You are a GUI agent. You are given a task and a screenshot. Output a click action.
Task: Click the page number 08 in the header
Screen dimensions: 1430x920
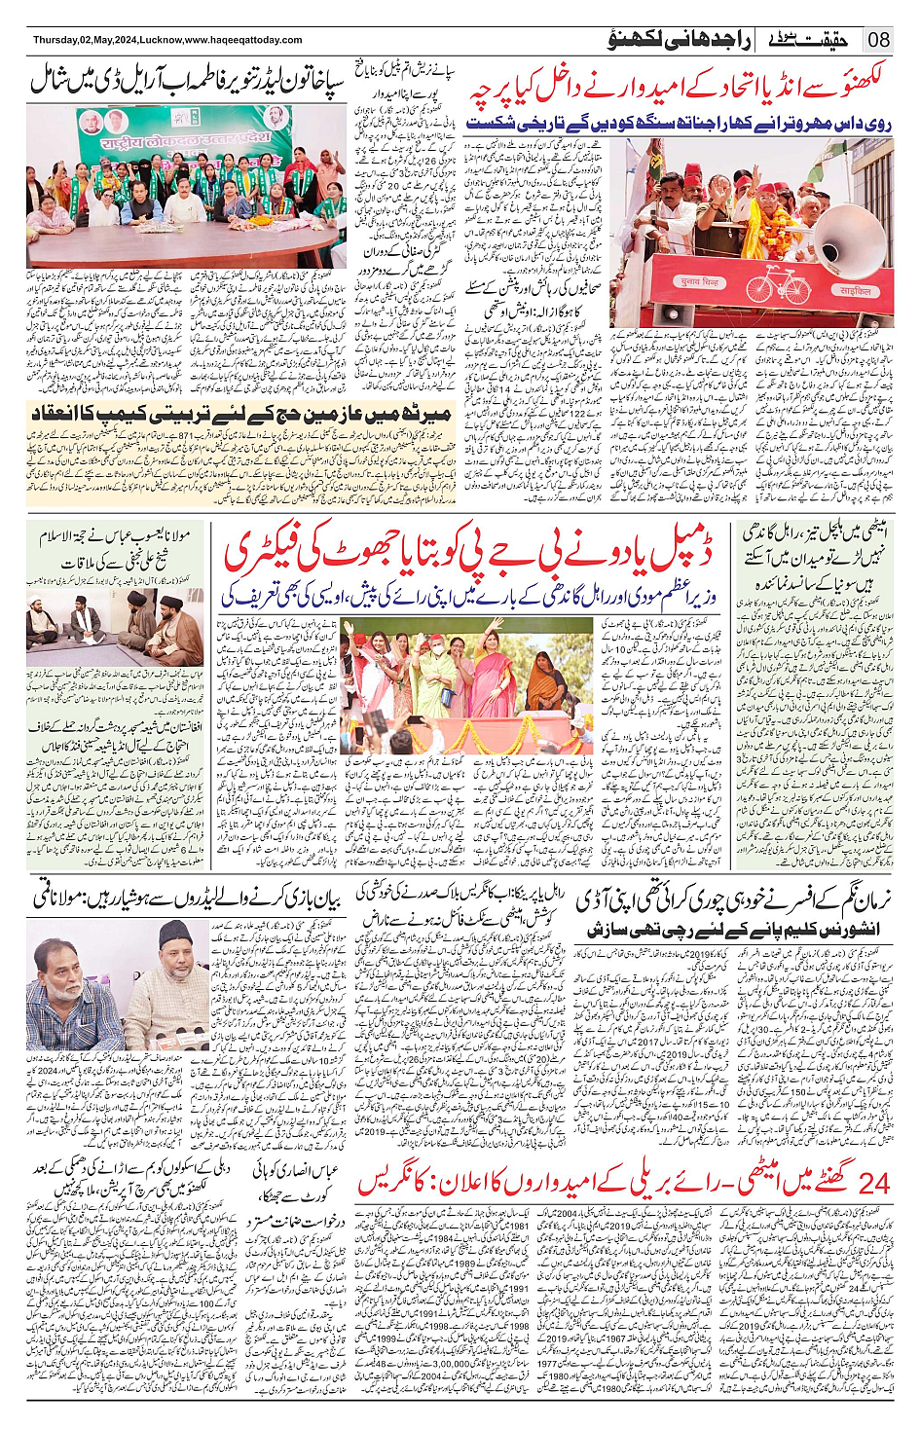[x=879, y=40]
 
